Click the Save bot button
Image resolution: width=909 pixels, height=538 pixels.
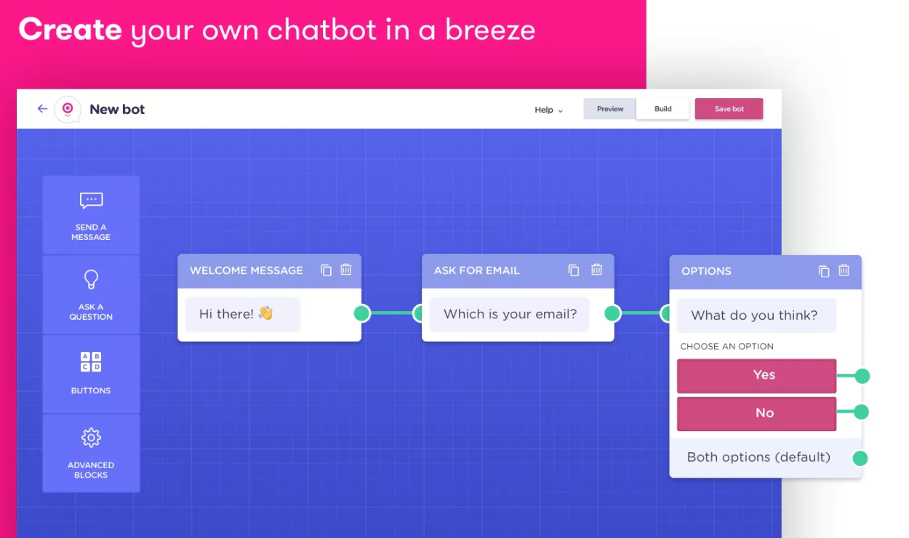pos(729,109)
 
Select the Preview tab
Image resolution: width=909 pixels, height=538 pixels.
pos(610,109)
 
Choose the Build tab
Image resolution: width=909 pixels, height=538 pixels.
pos(662,109)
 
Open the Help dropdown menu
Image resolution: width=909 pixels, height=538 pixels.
pos(548,110)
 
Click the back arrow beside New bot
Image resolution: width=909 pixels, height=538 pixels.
pos(42,108)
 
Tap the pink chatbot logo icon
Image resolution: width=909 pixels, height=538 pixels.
pos(68,109)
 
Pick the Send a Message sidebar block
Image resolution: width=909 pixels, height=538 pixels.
pos(91,215)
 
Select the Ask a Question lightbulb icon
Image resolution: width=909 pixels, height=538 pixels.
pos(91,279)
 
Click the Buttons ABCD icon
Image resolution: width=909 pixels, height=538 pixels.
pos(91,361)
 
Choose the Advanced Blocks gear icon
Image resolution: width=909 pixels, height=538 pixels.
pos(91,438)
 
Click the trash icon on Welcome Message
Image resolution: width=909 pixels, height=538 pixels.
pos(346,270)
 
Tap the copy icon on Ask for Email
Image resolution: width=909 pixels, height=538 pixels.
pos(574,270)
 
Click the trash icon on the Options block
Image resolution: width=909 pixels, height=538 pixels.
pos(844,270)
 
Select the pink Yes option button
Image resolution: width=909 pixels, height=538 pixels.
pos(756,375)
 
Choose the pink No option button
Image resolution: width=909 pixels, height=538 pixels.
pos(756,413)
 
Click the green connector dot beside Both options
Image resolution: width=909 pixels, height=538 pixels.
pos(860,458)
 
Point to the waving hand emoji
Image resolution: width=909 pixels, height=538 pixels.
pos(265,313)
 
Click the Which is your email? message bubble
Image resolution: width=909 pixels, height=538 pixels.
pos(509,314)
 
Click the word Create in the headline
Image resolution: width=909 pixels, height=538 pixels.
pos(70,30)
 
